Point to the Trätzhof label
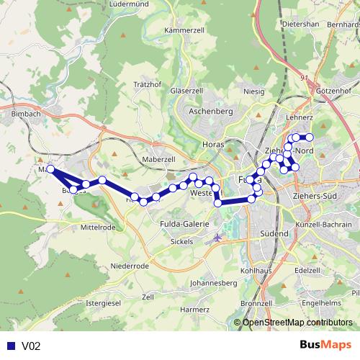[x=147, y=84]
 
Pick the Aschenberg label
[x=210, y=112]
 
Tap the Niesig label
[x=254, y=92]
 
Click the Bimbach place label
[x=26, y=114]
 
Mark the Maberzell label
[x=159, y=159]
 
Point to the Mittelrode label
[x=98, y=227]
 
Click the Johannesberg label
[x=212, y=283]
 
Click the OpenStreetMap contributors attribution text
[x=297, y=323]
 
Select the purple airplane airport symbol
[x=217, y=238]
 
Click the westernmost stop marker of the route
[x=50, y=169]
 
